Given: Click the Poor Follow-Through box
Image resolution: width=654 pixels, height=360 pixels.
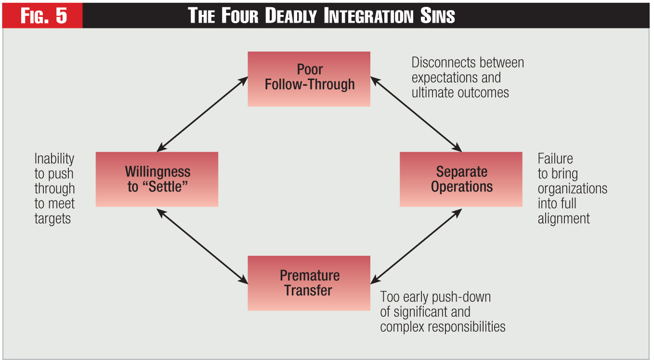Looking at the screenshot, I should [x=309, y=79].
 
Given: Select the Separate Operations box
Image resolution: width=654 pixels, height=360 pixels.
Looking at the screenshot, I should [x=461, y=179].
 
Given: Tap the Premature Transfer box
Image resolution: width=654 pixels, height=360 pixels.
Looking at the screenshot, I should [x=309, y=283].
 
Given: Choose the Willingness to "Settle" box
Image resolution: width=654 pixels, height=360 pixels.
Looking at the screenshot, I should [x=157, y=179].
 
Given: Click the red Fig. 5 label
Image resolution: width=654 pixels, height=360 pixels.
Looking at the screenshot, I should [x=43, y=16].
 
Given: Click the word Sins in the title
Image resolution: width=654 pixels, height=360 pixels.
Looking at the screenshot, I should [x=437, y=16].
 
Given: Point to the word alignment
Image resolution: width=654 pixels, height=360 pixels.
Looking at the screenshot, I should [x=563, y=218].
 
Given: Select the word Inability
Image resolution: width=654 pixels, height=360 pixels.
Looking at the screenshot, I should [x=54, y=159].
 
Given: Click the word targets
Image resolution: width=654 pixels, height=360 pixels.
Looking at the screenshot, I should [x=52, y=218].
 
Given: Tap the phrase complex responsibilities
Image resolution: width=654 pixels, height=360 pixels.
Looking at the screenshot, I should [x=443, y=327].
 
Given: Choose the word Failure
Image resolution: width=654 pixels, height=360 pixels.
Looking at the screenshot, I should [x=555, y=159].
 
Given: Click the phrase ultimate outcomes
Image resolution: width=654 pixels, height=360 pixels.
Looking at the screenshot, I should [x=460, y=93].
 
